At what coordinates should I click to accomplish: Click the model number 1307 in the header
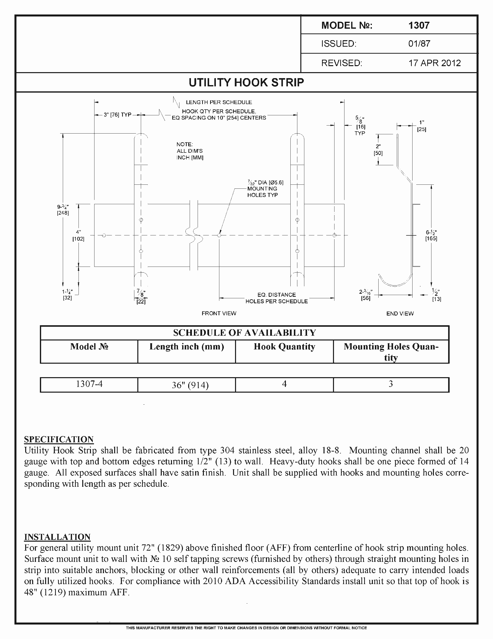click(419, 25)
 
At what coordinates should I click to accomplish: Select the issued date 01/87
click(419, 44)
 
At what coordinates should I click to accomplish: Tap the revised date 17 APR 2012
click(434, 63)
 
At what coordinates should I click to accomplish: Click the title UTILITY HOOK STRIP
click(246, 83)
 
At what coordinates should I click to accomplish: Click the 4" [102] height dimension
click(78, 236)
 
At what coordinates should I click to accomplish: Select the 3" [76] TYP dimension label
click(117, 115)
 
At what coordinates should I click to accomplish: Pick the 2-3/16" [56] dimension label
click(365, 295)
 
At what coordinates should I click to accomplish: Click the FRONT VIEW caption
click(219, 313)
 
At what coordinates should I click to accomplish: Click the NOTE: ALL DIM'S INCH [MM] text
click(190, 151)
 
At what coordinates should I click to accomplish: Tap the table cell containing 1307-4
click(89, 384)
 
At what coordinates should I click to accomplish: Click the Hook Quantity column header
click(284, 347)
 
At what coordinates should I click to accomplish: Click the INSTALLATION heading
click(57, 537)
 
